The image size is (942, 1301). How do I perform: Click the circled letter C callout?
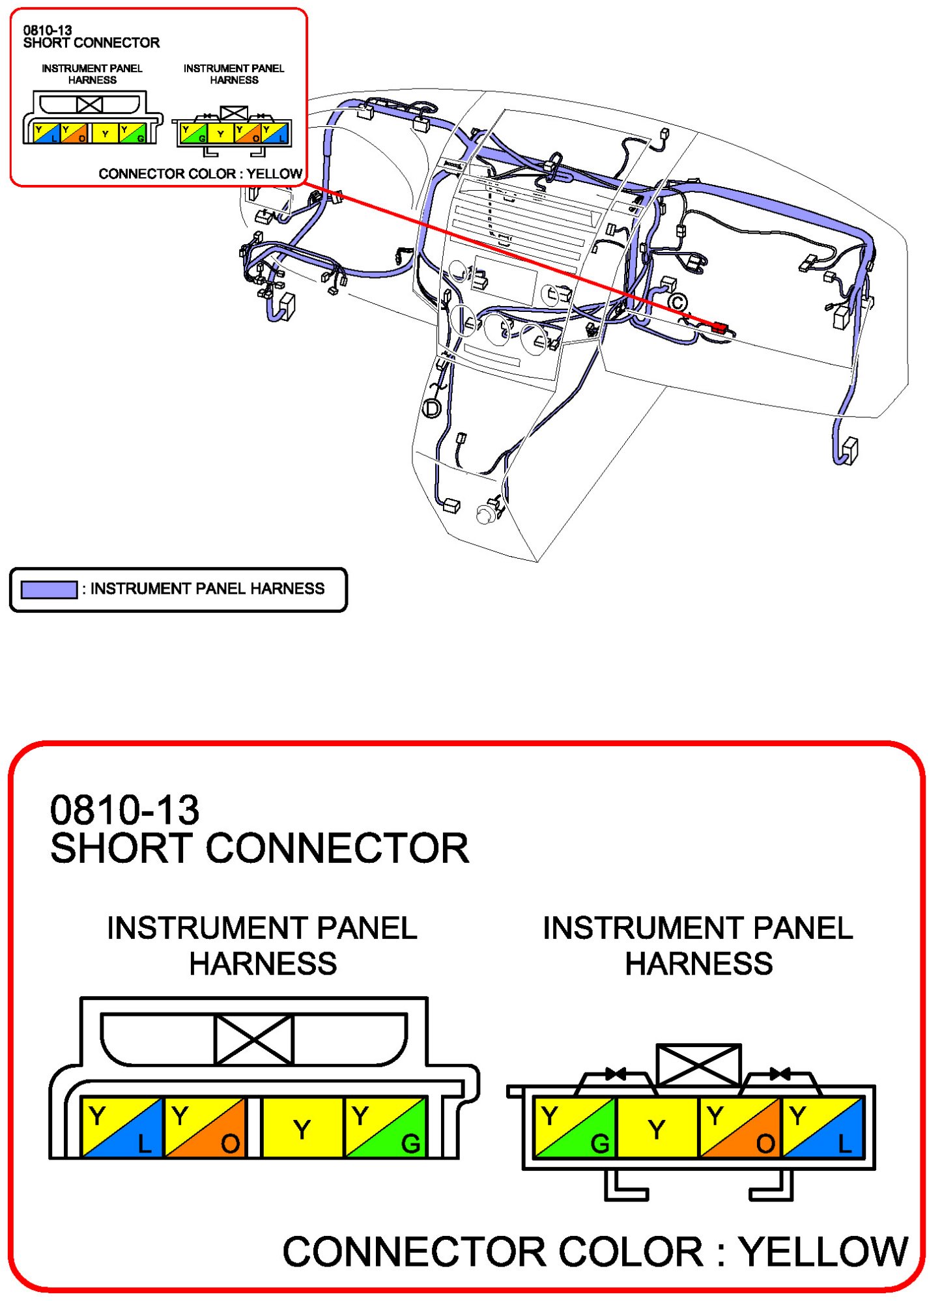[x=678, y=302]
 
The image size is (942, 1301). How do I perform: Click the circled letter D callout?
[x=432, y=408]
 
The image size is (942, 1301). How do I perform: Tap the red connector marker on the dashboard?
[x=719, y=328]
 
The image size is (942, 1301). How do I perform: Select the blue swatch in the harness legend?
[x=49, y=589]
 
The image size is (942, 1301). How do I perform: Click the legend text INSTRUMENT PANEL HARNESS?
[x=207, y=589]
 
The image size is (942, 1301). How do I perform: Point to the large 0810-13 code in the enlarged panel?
[x=124, y=810]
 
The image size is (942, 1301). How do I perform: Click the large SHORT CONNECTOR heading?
[x=259, y=848]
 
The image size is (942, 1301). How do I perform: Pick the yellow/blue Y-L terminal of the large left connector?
[x=122, y=1128]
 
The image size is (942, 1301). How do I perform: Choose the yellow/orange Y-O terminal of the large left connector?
[x=205, y=1128]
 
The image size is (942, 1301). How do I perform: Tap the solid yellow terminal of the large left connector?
[x=302, y=1128]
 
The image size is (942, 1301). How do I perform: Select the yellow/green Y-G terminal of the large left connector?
[x=386, y=1128]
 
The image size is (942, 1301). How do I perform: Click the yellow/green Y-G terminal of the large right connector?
[x=575, y=1128]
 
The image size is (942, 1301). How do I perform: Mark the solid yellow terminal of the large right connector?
[x=657, y=1128]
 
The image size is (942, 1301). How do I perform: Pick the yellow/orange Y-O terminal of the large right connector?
[x=740, y=1128]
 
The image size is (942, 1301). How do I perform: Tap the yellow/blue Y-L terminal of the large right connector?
[x=823, y=1128]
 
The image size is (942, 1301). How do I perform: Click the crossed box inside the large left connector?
[x=253, y=1040]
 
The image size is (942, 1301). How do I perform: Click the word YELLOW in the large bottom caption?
[x=823, y=1252]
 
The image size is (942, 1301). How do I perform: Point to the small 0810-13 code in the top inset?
[x=47, y=31]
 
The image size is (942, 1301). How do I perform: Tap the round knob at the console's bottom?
[x=485, y=515]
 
